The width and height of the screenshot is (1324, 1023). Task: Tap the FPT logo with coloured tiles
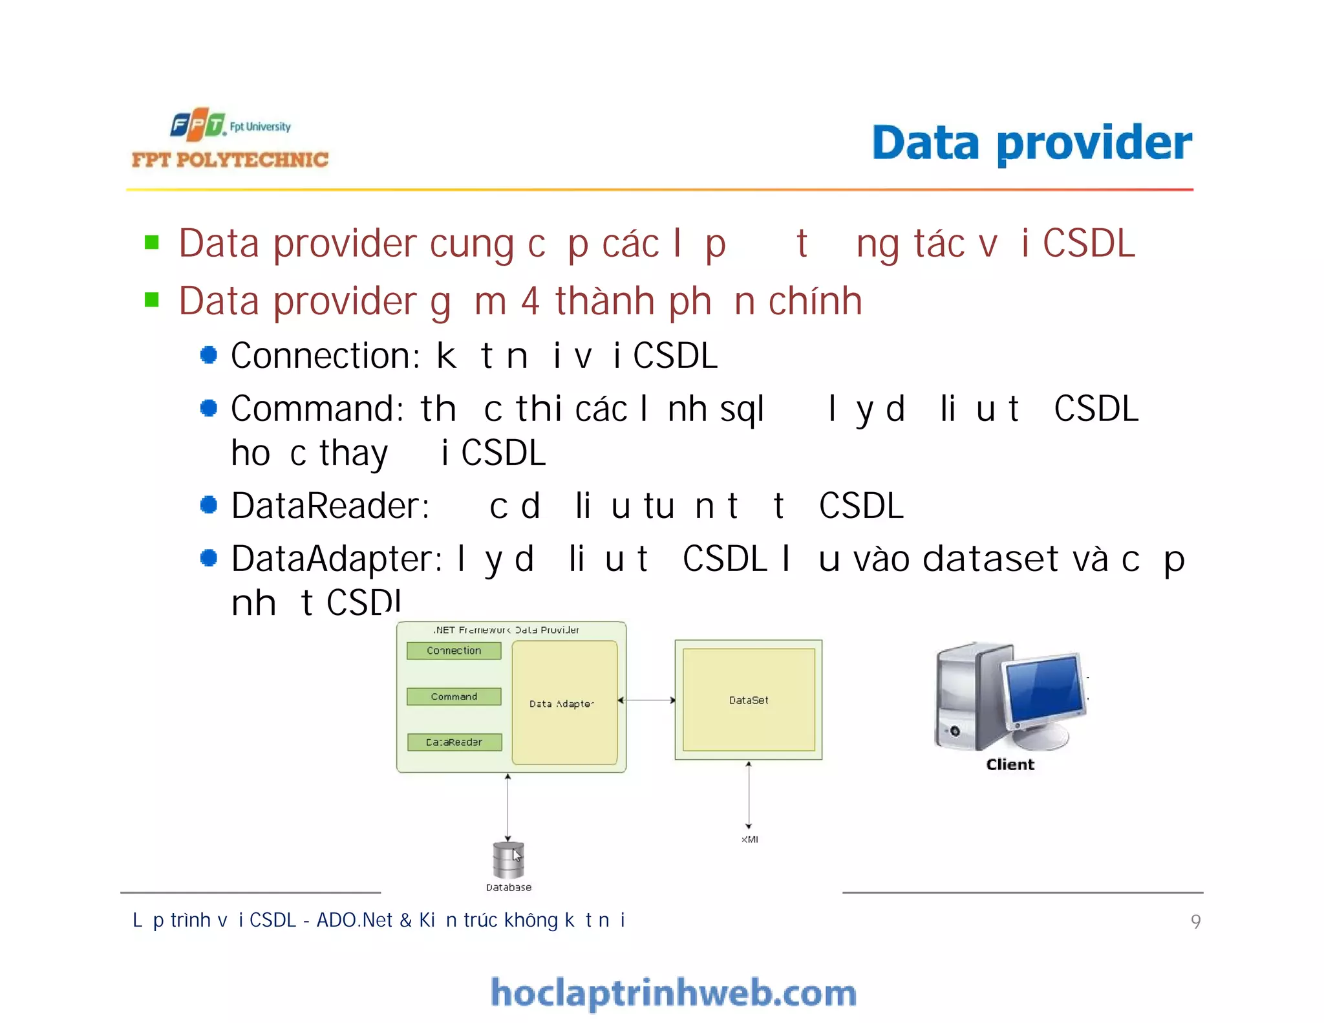coord(197,124)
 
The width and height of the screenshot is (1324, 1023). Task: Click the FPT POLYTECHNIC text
coord(230,160)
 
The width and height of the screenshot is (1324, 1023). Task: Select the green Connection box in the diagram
coord(454,651)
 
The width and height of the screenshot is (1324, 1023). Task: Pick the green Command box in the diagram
coord(454,696)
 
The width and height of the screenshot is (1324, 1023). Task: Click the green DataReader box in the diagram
coord(454,742)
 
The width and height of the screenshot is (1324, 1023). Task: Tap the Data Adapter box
coord(564,703)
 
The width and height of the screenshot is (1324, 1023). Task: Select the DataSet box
coord(749,700)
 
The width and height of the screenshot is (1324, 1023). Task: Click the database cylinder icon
coord(508,859)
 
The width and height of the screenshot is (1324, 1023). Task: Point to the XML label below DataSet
coord(749,839)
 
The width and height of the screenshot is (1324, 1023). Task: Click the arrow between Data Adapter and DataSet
coord(646,700)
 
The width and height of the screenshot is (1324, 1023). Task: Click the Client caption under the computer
coord(1010,764)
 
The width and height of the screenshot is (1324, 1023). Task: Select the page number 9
coord(1195,921)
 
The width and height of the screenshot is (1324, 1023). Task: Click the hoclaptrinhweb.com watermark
coord(673,993)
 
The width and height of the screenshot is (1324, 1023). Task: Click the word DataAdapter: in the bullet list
coord(337,559)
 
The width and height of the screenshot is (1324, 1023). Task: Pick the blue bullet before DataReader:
coord(208,505)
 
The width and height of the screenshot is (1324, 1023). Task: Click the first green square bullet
coord(152,242)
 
